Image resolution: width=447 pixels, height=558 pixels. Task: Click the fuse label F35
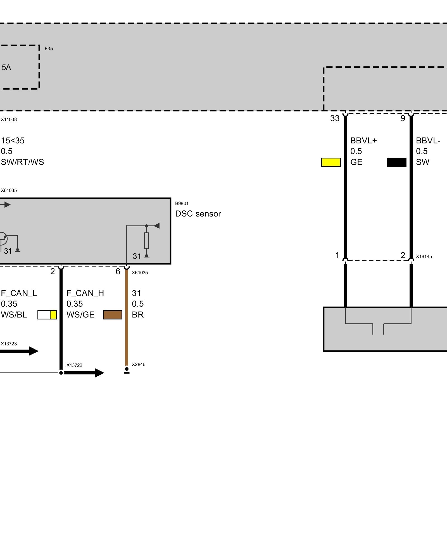pos(49,49)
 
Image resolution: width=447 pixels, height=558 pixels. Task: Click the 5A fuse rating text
pos(6,68)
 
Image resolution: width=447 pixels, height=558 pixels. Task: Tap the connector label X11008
pos(9,120)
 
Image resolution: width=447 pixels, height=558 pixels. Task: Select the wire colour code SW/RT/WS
pos(22,162)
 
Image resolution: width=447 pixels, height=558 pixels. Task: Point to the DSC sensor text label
pos(198,214)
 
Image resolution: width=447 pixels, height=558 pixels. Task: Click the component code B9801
pos(182,204)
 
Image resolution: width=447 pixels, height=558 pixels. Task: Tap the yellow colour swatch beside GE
pos(331,162)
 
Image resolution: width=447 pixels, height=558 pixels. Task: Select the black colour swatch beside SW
pos(396,162)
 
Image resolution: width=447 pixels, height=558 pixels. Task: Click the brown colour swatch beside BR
pos(113,315)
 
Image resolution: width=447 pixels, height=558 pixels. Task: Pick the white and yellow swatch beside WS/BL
pos(47,315)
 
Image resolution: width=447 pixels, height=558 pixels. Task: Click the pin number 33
pos(335,119)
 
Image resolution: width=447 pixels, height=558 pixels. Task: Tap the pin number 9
pos(403,119)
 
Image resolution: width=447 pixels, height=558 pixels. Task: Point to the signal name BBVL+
pos(363,141)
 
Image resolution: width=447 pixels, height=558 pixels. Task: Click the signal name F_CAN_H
pos(85,293)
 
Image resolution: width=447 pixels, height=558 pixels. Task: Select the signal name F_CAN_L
pos(19,293)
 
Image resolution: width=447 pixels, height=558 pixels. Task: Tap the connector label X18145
pos(424,257)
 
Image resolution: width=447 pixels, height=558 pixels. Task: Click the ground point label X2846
pos(139,364)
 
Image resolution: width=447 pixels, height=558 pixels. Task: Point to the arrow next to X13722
pos(84,373)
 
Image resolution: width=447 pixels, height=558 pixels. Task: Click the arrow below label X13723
pos(20,351)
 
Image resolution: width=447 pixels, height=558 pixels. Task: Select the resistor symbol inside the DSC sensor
pos(146,240)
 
